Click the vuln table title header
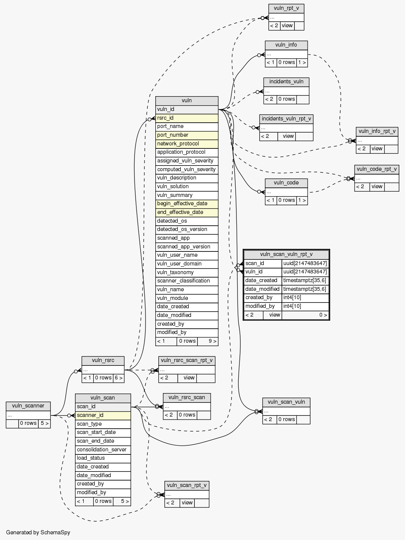click(187, 101)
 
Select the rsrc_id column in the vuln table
click(187, 118)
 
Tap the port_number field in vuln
click(187, 135)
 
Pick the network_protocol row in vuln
click(187, 144)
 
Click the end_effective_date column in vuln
click(187, 212)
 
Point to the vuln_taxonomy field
click(187, 273)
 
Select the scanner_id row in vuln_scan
click(103, 415)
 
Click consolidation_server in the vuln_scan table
click(103, 450)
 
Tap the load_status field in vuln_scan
click(103, 458)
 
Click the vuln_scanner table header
click(28, 406)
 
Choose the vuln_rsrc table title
click(103, 360)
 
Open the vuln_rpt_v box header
click(286, 8)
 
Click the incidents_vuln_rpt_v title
click(286, 119)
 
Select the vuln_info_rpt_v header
click(377, 131)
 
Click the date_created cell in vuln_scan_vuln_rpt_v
click(263, 281)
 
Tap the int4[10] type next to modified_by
click(305, 306)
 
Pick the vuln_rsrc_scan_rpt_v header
click(187, 360)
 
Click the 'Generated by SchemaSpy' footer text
click(38, 532)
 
